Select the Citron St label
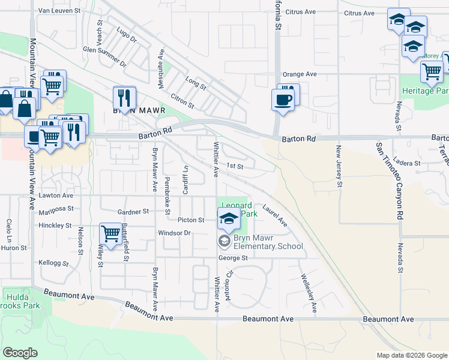pos(183,100)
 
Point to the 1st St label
pos(234,166)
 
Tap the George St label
pos(233,258)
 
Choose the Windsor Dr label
pos(173,233)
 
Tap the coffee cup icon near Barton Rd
pos(283,99)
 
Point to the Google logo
pos(20,353)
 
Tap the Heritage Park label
pos(433,91)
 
